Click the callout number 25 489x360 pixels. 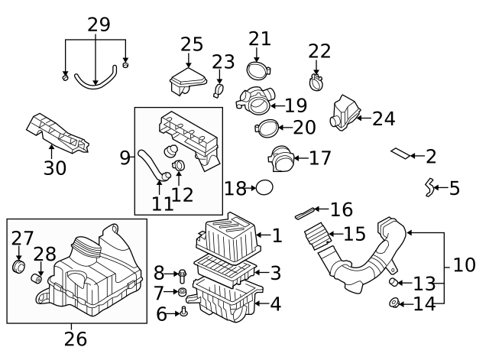point(192,44)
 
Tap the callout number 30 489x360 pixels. point(55,167)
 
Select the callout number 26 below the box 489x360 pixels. point(76,337)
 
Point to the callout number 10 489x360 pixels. point(464,265)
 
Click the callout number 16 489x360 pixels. point(342,209)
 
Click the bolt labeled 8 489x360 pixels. point(183,274)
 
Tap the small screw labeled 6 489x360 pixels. point(184,312)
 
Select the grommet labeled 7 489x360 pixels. point(183,292)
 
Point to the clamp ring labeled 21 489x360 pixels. point(259,70)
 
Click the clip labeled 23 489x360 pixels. point(218,93)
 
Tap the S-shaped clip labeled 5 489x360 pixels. point(430,186)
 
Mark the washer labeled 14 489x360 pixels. point(395,304)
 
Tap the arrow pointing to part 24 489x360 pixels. point(362,118)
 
